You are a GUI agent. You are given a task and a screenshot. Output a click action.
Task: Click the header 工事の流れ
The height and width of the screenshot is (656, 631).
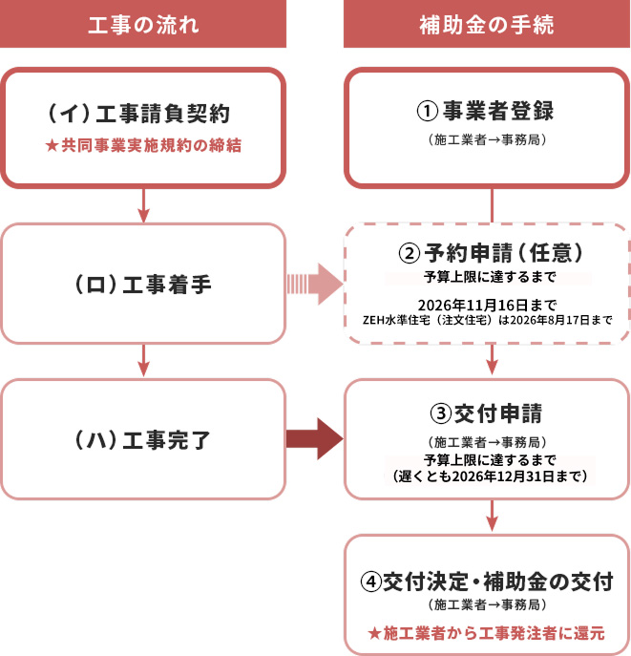tap(143, 25)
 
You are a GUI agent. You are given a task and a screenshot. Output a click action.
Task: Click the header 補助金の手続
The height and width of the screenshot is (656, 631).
tap(487, 25)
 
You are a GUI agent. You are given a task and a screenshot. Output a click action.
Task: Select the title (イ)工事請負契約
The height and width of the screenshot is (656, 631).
tap(143, 114)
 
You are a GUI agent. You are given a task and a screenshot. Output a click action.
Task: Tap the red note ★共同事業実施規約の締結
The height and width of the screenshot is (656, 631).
tap(143, 146)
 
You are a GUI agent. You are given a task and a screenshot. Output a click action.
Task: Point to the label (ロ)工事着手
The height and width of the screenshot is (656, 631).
tap(143, 284)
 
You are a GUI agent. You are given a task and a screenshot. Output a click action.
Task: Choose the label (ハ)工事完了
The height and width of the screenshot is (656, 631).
tap(143, 439)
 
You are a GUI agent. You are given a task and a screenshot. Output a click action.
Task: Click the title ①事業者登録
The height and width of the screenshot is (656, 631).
tap(487, 111)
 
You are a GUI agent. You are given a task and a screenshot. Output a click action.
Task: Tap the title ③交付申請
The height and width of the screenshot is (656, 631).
tap(487, 415)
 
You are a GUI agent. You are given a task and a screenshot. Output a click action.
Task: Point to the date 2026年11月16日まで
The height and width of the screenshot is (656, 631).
tap(488, 304)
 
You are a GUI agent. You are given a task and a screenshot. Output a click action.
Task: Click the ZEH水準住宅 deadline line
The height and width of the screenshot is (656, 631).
tap(488, 320)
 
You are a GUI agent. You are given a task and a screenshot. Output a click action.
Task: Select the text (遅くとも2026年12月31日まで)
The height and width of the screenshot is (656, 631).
tap(488, 475)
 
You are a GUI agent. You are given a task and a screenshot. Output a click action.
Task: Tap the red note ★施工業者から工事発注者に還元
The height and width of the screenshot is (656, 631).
tap(488, 633)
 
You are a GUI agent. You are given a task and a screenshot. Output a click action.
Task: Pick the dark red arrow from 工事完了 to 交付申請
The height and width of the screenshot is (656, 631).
tap(314, 439)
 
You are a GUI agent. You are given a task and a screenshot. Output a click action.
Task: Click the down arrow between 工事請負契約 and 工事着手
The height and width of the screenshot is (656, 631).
tap(143, 204)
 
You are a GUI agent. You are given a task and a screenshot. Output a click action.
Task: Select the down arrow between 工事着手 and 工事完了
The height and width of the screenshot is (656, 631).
tap(143, 361)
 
